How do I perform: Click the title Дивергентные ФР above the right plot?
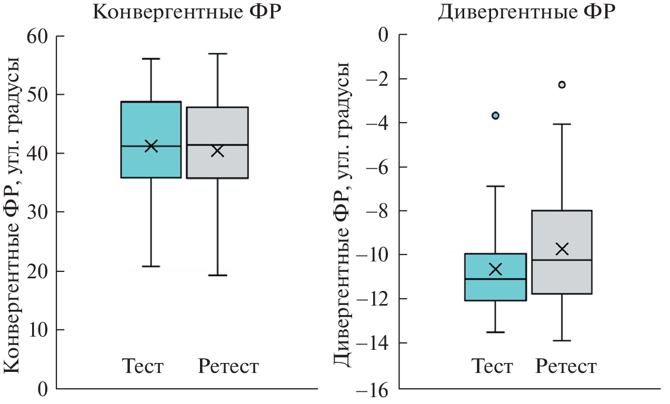(x=526, y=12)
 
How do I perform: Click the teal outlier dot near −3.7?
(x=495, y=115)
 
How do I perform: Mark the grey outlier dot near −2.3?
(x=562, y=84)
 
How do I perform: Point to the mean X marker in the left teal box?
(x=151, y=146)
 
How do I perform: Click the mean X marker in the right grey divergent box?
(x=562, y=249)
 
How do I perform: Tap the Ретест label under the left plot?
(x=228, y=366)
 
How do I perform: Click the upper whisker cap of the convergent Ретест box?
(x=218, y=54)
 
